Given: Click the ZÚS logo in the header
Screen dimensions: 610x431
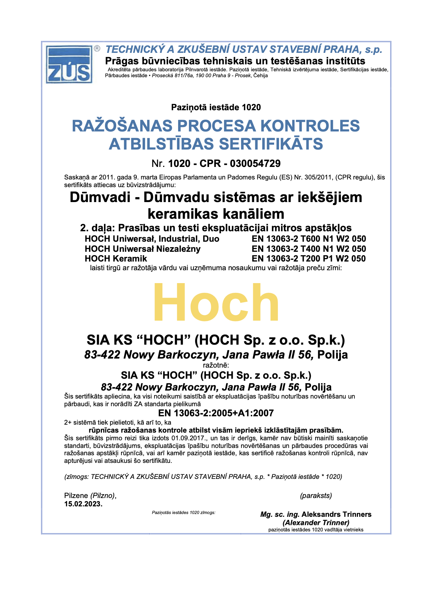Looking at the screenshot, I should [x=69, y=64].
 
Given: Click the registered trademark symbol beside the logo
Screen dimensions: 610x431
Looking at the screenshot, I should [x=97, y=48].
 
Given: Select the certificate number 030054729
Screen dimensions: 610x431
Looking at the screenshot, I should [x=255, y=163].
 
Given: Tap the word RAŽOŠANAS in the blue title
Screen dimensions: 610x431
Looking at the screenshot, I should [x=122, y=126].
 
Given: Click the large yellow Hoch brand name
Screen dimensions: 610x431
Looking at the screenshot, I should [x=216, y=303].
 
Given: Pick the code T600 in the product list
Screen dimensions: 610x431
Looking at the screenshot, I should [x=302, y=239].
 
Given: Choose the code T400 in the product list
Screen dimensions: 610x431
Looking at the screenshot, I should [x=302, y=249].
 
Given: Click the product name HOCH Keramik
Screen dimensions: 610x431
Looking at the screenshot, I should [x=116, y=259].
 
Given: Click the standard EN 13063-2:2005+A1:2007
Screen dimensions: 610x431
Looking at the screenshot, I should [x=216, y=413].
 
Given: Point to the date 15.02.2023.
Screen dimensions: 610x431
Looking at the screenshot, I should [x=83, y=504].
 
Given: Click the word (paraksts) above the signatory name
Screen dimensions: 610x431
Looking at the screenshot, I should [x=316, y=496].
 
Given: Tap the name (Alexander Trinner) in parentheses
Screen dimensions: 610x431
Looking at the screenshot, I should [x=316, y=523].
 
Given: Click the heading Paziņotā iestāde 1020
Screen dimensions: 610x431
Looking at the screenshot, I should [x=216, y=107].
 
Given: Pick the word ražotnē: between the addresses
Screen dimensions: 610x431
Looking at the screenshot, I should [x=216, y=365].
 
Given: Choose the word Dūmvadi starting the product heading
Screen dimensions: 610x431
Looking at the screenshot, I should [x=100, y=198].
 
